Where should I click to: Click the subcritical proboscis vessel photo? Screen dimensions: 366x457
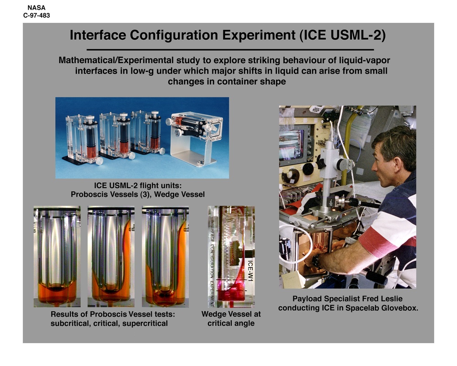[57, 256]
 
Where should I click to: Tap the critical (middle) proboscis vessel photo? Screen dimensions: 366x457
[111, 256]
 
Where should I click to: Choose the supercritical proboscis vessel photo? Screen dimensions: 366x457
[165, 256]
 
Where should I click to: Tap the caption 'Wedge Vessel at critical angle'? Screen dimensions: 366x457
[231, 319]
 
